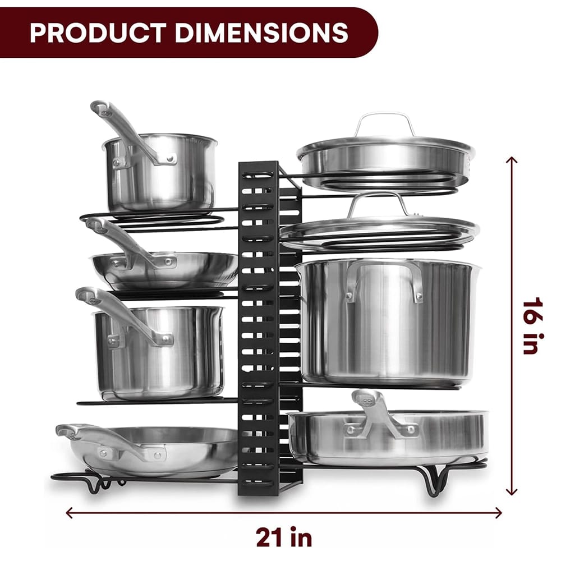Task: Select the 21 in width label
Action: click(x=284, y=537)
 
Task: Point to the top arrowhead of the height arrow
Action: click(x=511, y=160)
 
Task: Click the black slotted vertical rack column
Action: click(x=259, y=325)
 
